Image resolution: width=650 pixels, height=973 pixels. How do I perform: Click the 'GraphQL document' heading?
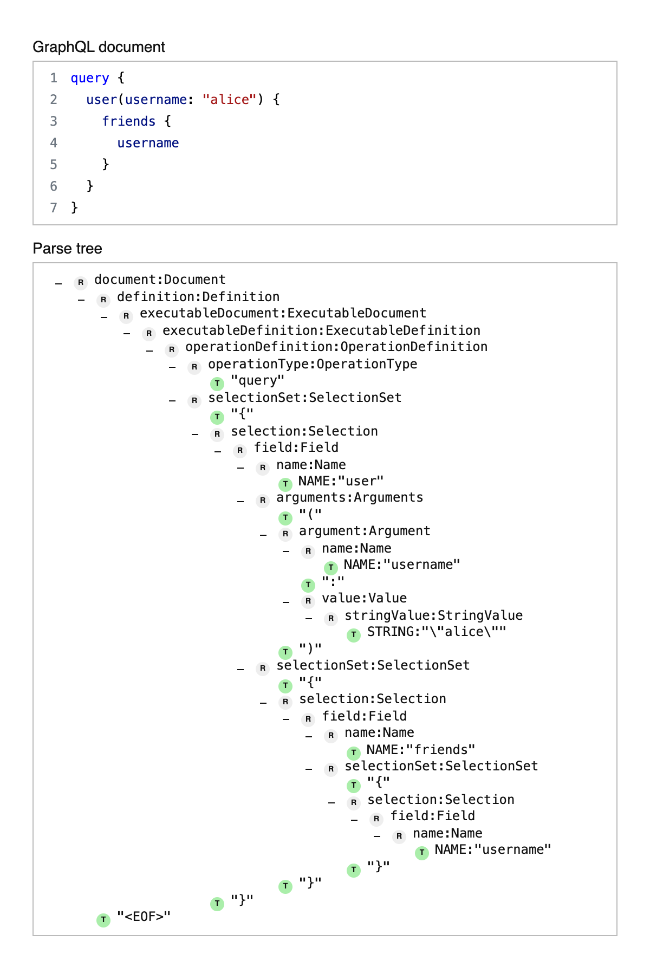pyautogui.click(x=99, y=47)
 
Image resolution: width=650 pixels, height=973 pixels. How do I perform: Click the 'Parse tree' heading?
pyautogui.click(x=67, y=249)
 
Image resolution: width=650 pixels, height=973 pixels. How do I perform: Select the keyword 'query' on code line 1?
pyautogui.click(x=90, y=78)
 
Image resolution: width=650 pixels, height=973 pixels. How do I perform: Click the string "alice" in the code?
pyautogui.click(x=229, y=100)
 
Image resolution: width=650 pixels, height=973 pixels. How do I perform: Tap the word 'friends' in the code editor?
pyautogui.click(x=129, y=121)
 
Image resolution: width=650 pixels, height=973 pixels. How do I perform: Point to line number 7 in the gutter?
pyautogui.click(x=54, y=207)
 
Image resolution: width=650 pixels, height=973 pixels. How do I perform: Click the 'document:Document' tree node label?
pyautogui.click(x=160, y=280)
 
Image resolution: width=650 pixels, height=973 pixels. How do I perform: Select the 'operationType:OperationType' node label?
pyautogui.click(x=313, y=364)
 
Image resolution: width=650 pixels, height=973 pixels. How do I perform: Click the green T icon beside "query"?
pyautogui.click(x=217, y=384)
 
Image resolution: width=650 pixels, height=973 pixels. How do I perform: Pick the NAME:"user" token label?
pyautogui.click(x=341, y=481)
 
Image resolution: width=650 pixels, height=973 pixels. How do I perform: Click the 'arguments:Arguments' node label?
pyautogui.click(x=350, y=497)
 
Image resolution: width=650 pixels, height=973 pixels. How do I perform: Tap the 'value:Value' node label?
pyautogui.click(x=364, y=598)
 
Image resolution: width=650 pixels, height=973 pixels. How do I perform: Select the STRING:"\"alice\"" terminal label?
pyautogui.click(x=437, y=632)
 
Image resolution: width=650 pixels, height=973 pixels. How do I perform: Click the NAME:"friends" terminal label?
pyautogui.click(x=421, y=750)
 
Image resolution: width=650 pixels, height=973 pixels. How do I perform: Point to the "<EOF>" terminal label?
pyautogui.click(x=144, y=917)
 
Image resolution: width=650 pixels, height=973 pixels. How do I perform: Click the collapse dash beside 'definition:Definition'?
pyautogui.click(x=81, y=300)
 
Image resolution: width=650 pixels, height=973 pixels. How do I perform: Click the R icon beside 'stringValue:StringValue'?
pyautogui.click(x=331, y=618)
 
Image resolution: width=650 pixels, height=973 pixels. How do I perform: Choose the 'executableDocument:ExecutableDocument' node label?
pyautogui.click(x=283, y=313)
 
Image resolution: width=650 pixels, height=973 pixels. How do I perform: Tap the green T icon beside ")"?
pyautogui.click(x=285, y=652)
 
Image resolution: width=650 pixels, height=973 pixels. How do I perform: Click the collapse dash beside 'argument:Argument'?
pyautogui.click(x=263, y=535)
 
